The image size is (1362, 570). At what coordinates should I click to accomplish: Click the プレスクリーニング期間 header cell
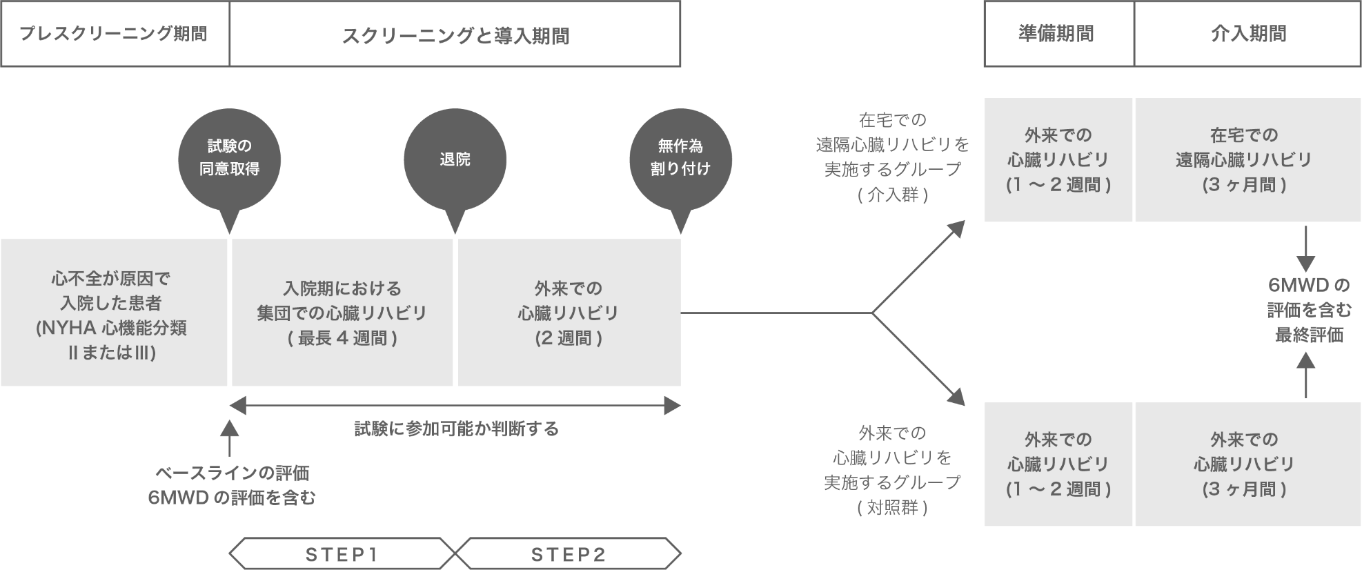tap(114, 34)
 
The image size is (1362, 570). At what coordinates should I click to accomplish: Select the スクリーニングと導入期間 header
tap(455, 34)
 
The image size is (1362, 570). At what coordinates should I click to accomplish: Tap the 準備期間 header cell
tap(1058, 34)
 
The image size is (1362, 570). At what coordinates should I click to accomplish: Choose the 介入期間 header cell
tap(1247, 34)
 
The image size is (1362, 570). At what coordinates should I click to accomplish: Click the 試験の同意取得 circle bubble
tap(229, 158)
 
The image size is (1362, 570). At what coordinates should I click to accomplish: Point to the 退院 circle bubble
tap(455, 159)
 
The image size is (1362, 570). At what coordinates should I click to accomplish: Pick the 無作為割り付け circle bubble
tap(680, 158)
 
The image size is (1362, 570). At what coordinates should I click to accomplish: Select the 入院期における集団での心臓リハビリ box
tap(342, 313)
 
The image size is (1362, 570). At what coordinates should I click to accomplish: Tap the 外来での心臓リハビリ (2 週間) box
tap(569, 313)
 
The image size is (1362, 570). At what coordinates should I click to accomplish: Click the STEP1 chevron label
tap(342, 553)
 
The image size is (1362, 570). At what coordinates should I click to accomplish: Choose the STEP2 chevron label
tap(568, 553)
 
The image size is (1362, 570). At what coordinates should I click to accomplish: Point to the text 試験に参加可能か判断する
tap(455, 429)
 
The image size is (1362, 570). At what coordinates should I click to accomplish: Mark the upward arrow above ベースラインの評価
tap(229, 438)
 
